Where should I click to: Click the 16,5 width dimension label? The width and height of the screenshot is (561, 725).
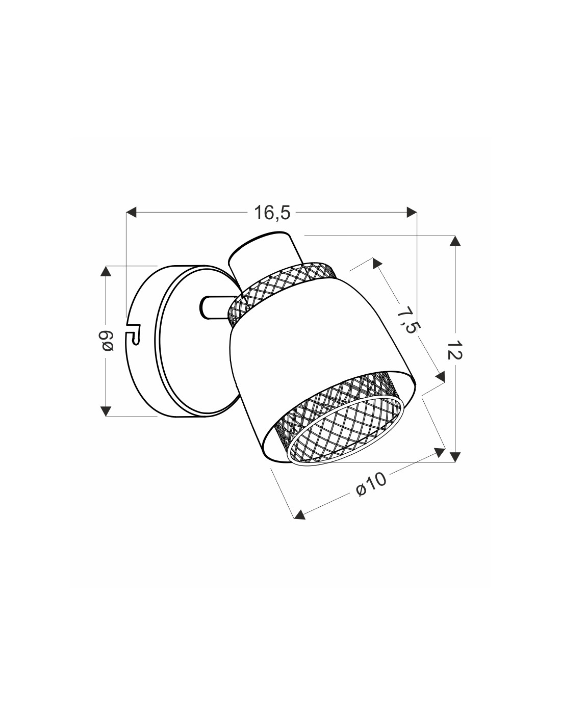tap(272, 213)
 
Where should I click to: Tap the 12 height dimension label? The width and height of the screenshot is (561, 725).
tap(454, 350)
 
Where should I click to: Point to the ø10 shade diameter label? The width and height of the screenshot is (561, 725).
tap(371, 485)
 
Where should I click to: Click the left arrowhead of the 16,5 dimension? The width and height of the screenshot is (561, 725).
tap(131, 212)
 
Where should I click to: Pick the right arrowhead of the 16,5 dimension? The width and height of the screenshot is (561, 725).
tap(412, 212)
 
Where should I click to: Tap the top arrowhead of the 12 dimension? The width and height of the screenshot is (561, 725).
tap(455, 241)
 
